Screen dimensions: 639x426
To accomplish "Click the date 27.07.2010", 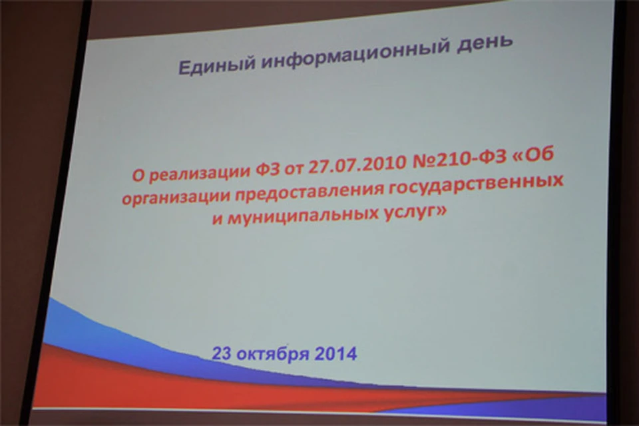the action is pyautogui.click(x=358, y=164).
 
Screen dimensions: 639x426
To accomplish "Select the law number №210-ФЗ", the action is pyautogui.click(x=459, y=159).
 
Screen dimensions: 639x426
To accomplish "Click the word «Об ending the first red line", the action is pyautogui.click(x=533, y=155).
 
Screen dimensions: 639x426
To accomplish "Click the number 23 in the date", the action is pyautogui.click(x=222, y=353).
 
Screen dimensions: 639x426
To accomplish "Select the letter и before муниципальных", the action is pyautogui.click(x=218, y=220).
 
